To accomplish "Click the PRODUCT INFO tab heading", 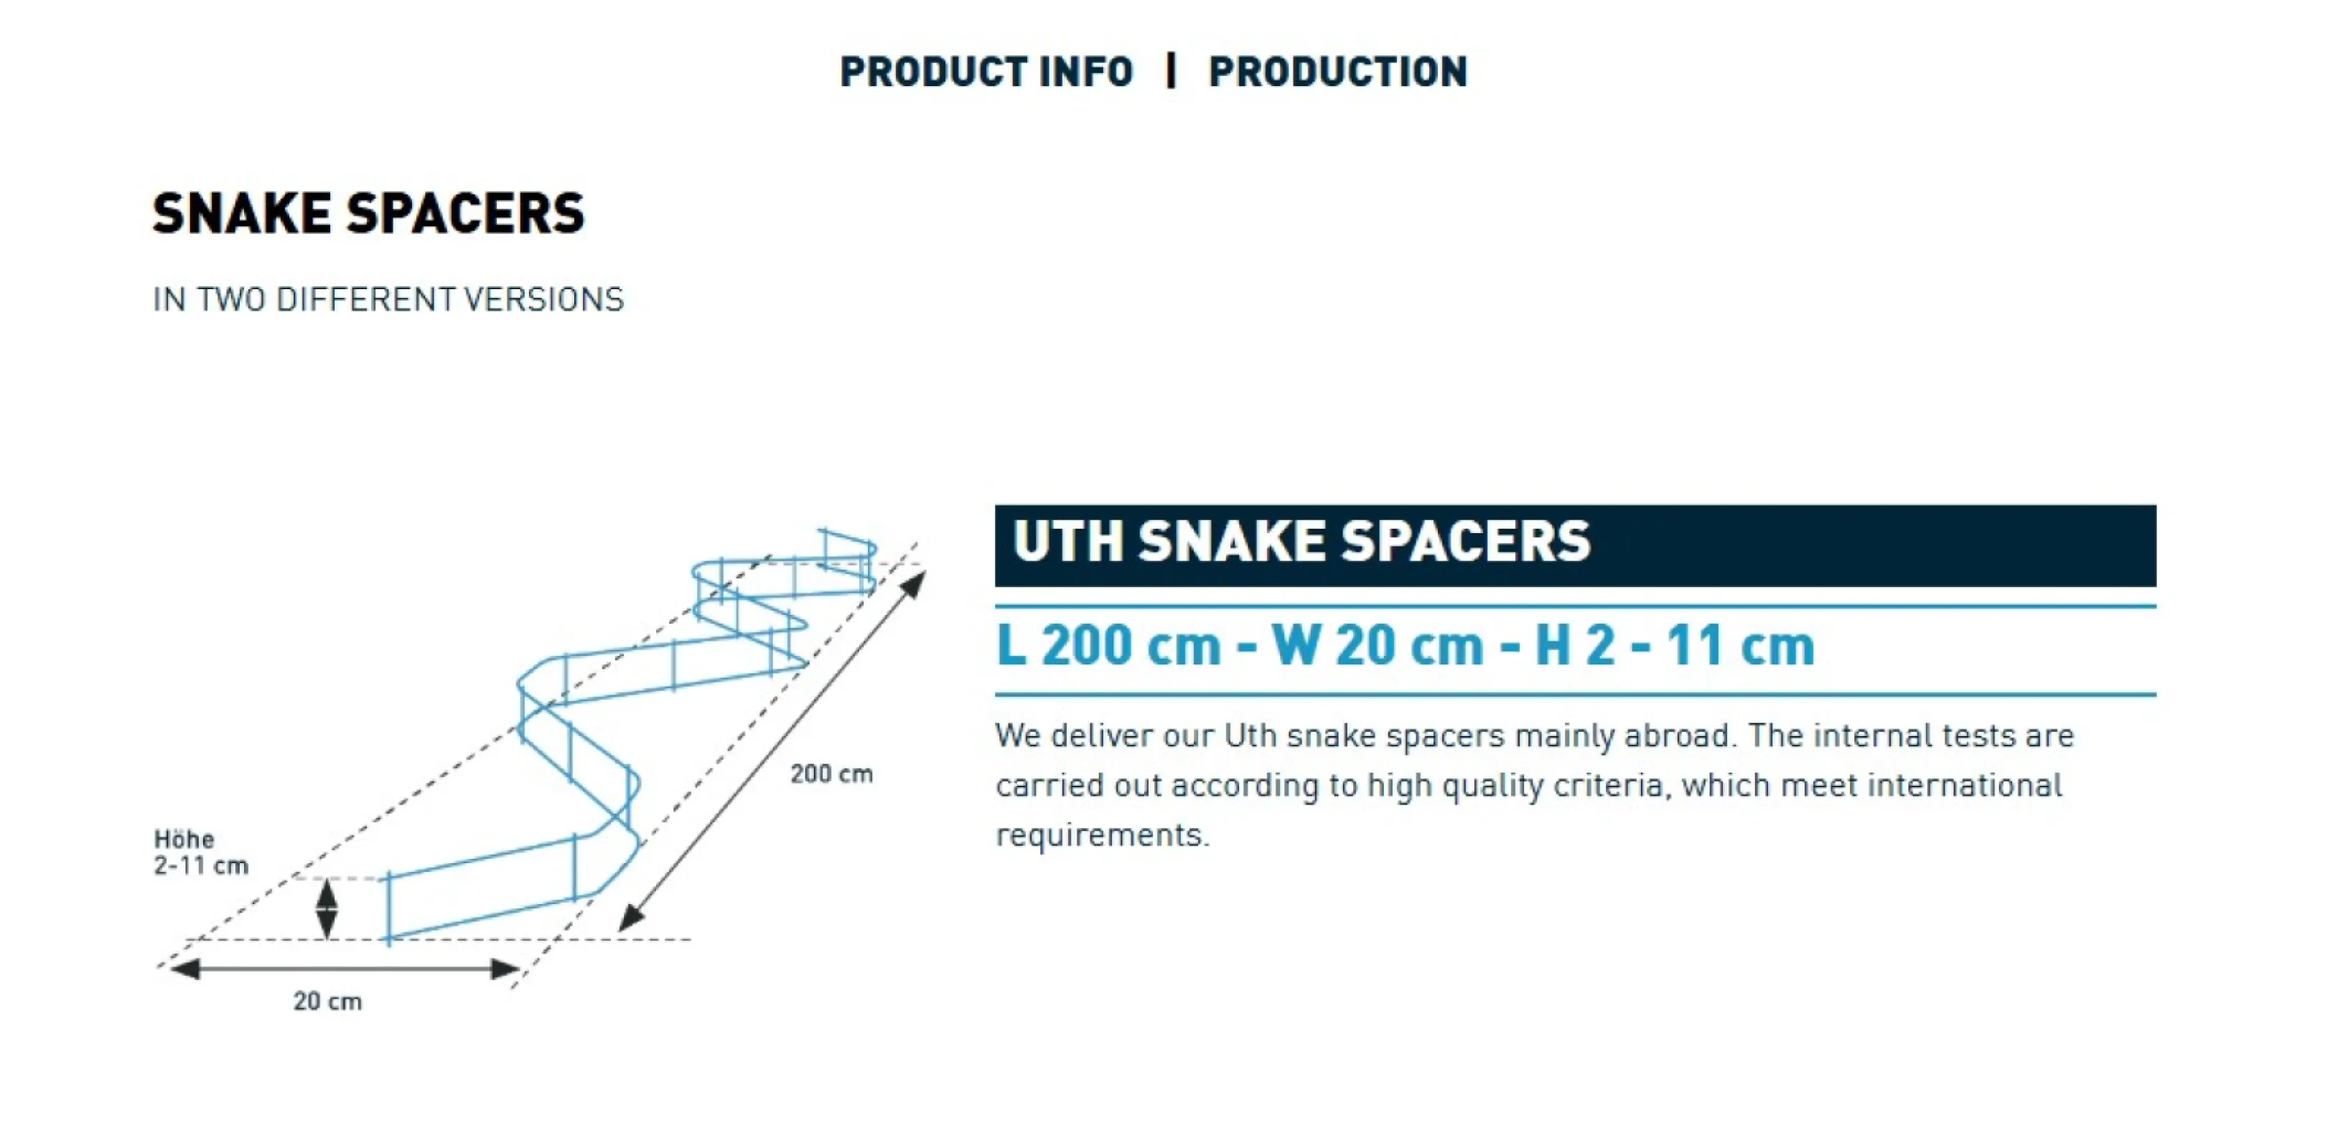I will point(986,72).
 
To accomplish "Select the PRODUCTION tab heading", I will point(1338,72).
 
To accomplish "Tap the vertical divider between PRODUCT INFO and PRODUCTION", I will point(1171,71).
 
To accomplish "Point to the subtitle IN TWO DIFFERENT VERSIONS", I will point(388,299).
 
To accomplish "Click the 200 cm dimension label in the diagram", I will point(831,774).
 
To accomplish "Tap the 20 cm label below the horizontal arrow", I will point(327,1001).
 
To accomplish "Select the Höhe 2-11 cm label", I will point(200,852).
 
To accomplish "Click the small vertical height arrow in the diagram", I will point(327,908).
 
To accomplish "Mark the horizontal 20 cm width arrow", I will point(345,969).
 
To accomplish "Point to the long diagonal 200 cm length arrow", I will point(772,753).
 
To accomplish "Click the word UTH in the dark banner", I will point(1067,542).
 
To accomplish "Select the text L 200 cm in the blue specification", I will point(1109,646).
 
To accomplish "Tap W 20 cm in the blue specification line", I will point(1378,646).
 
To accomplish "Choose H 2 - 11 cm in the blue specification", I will point(1675,646).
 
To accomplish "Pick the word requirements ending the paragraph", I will point(1101,835).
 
